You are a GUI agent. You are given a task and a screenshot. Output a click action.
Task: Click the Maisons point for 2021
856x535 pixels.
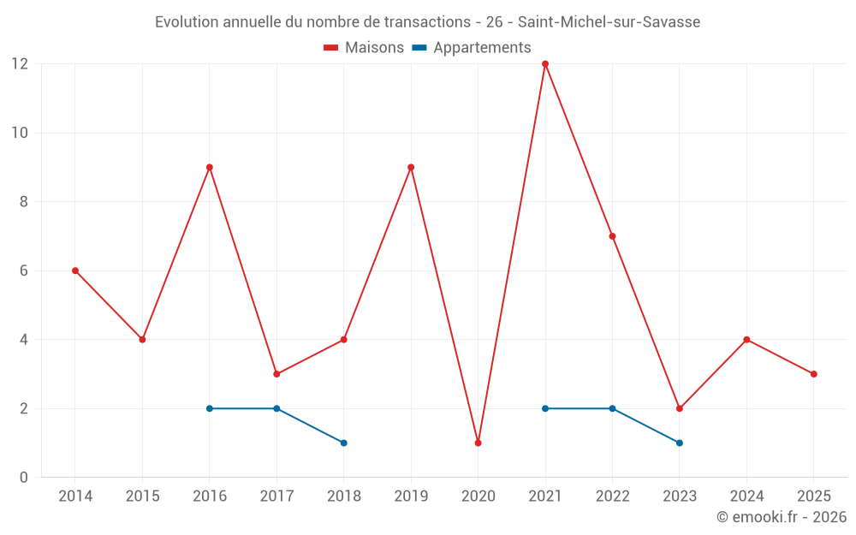[545, 64]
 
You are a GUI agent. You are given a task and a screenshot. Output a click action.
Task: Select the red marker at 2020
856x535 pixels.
[478, 443]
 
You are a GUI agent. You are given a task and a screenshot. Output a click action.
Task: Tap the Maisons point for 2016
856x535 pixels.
[210, 168]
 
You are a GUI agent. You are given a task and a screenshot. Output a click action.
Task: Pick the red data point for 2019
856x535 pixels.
[411, 168]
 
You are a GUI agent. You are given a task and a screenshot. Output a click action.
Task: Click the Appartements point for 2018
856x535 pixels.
[343, 443]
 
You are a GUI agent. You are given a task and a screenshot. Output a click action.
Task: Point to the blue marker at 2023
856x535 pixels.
[680, 443]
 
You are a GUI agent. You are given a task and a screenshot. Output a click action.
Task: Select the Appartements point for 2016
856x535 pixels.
[210, 408]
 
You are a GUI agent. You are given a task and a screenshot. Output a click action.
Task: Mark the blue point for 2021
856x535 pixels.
[545, 408]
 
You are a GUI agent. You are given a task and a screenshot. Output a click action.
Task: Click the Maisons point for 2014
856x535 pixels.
[75, 270]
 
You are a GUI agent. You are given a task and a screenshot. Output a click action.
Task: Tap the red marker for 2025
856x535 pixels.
[813, 374]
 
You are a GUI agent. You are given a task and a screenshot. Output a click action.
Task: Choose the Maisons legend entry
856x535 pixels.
[364, 48]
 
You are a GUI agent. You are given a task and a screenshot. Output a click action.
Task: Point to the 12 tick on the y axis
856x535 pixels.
[20, 64]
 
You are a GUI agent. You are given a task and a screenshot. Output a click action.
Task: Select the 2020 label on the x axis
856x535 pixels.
[478, 496]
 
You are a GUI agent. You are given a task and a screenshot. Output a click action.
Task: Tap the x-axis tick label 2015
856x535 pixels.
[142, 496]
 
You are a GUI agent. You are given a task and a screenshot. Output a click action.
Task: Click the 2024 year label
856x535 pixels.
[746, 496]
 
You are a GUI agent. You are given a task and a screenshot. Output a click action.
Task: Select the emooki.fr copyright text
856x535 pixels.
[782, 517]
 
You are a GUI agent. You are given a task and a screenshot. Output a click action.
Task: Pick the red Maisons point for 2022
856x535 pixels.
[612, 236]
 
